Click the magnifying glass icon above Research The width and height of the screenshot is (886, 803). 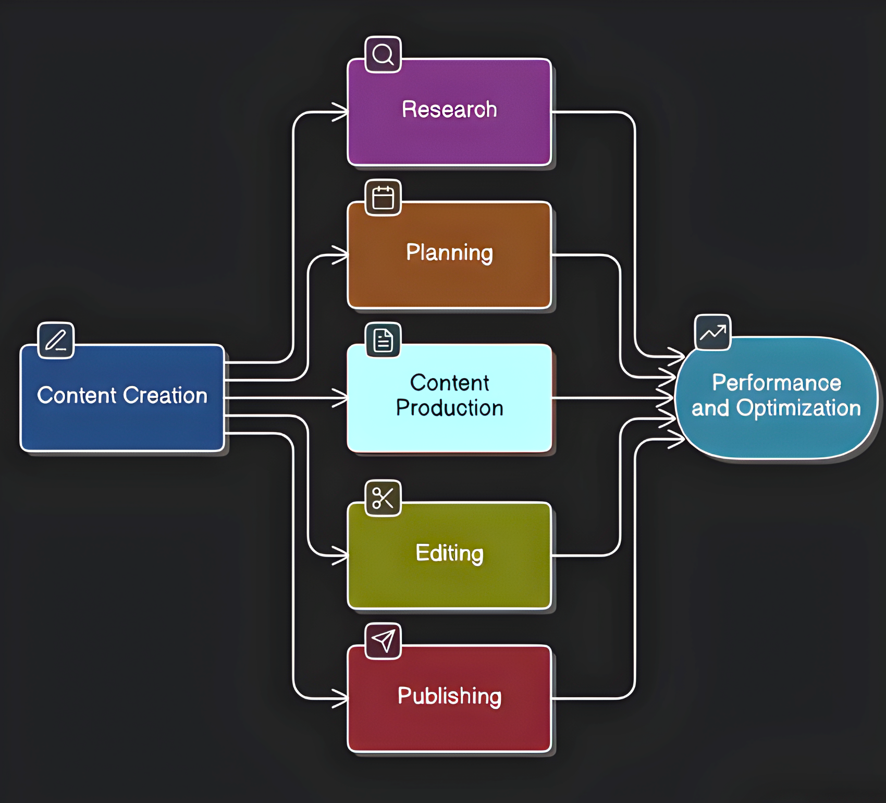click(x=383, y=54)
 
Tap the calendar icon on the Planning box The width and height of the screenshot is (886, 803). click(x=383, y=198)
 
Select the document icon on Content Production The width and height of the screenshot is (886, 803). click(x=383, y=340)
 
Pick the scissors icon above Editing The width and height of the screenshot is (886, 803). click(x=383, y=498)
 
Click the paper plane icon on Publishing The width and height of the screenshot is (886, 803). click(x=383, y=641)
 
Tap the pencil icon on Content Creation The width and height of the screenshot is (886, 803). click(x=56, y=340)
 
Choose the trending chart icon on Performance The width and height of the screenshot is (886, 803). click(x=712, y=332)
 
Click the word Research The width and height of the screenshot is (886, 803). click(x=449, y=110)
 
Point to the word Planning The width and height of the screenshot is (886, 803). click(x=449, y=253)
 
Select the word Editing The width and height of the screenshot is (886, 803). click(x=449, y=553)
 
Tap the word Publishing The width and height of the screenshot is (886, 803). click(x=449, y=696)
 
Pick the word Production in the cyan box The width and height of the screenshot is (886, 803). click(x=449, y=408)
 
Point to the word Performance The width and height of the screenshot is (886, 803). click(x=777, y=383)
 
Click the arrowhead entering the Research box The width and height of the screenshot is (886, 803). click(x=342, y=112)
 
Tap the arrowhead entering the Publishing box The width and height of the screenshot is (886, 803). click(x=342, y=698)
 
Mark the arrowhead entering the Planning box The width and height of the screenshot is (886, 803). click(x=342, y=256)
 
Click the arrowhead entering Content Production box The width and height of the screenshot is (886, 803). click(x=342, y=398)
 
